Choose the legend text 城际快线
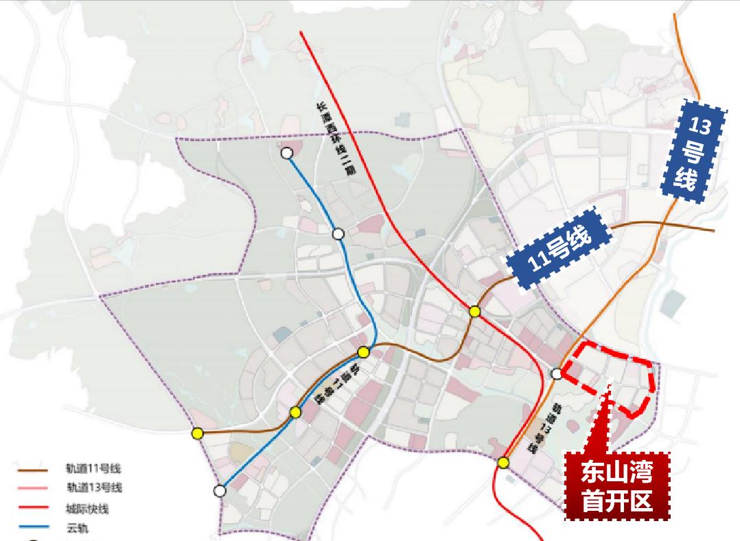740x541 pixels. [87, 509]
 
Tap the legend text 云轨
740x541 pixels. [78, 528]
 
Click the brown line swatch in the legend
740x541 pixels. [32, 470]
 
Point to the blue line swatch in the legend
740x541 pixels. [32, 529]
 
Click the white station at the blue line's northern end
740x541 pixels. [287, 153]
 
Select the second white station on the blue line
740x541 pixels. [338, 234]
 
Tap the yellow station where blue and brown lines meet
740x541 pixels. [364, 352]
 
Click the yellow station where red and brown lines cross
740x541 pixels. [474, 312]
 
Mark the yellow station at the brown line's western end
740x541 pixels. [198, 433]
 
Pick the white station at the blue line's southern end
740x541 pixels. [219, 491]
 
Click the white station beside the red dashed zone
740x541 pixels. [557, 373]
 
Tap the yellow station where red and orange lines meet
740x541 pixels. [504, 463]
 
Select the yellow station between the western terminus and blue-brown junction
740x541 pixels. [295, 412]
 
